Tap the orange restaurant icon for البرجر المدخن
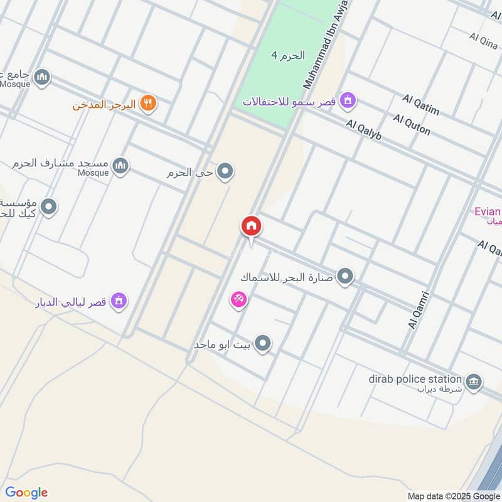tap(148, 103)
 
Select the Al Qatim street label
tap(420, 105)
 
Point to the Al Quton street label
tap(412, 124)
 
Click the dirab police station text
tap(415, 379)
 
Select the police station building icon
tap(473, 380)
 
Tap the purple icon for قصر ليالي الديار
tap(119, 301)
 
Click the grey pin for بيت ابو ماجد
tap(264, 343)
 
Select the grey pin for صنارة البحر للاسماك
tap(344, 275)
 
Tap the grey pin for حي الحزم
tap(225, 171)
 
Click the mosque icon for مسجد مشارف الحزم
tap(121, 166)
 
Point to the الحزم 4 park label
tap(287, 55)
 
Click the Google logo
tap(26, 493)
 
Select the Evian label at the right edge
tap(488, 211)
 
